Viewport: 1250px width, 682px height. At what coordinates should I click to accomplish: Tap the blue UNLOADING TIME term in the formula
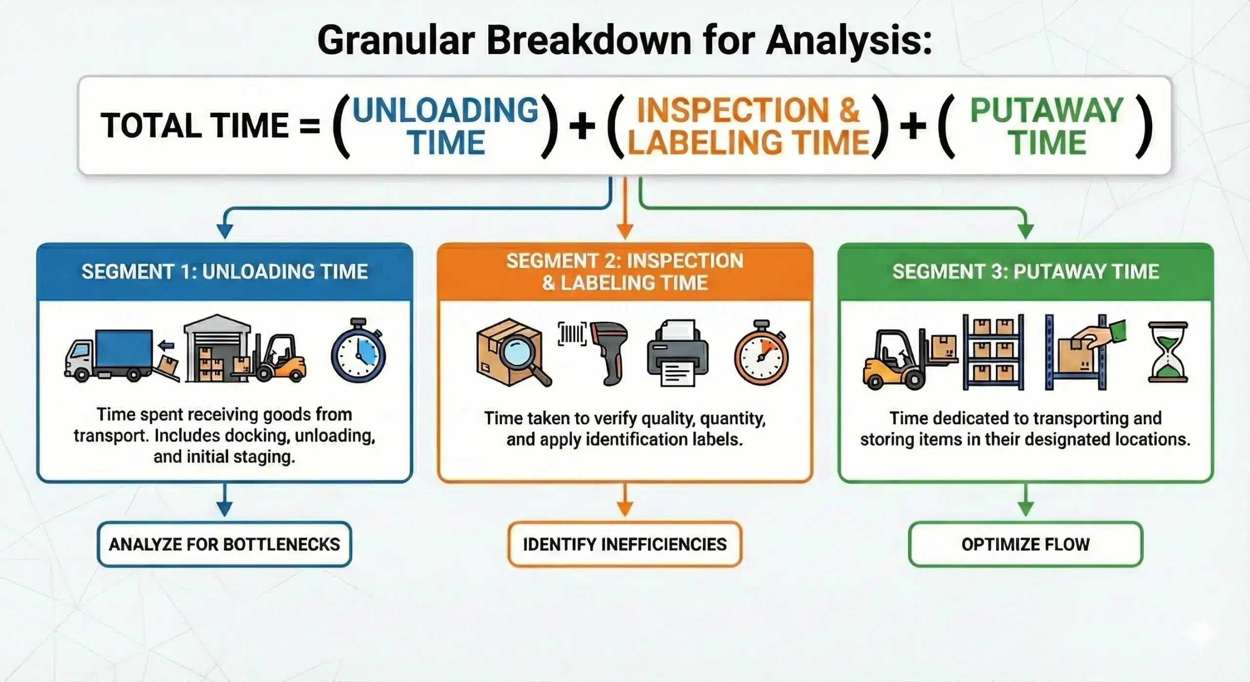pos(445,126)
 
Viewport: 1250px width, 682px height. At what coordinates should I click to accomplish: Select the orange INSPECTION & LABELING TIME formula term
pos(748,126)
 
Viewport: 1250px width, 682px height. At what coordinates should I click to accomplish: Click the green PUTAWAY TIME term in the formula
pos(1046,126)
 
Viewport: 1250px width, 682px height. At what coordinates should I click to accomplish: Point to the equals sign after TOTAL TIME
pos(310,126)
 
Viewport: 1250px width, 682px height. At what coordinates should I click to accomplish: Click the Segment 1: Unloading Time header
pos(225,272)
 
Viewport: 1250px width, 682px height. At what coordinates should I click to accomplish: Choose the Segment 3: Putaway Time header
pos(1025,272)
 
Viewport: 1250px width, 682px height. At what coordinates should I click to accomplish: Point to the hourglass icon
pos(1167,353)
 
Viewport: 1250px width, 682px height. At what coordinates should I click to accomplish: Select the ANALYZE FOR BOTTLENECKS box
pos(225,544)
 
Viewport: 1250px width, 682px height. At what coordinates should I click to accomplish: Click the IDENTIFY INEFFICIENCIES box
pos(625,544)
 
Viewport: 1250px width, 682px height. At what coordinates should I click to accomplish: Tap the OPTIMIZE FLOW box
pos(1025,544)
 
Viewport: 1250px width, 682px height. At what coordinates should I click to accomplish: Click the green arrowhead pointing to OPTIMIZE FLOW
pos(1025,509)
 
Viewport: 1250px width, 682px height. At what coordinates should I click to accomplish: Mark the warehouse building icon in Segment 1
pos(217,348)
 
